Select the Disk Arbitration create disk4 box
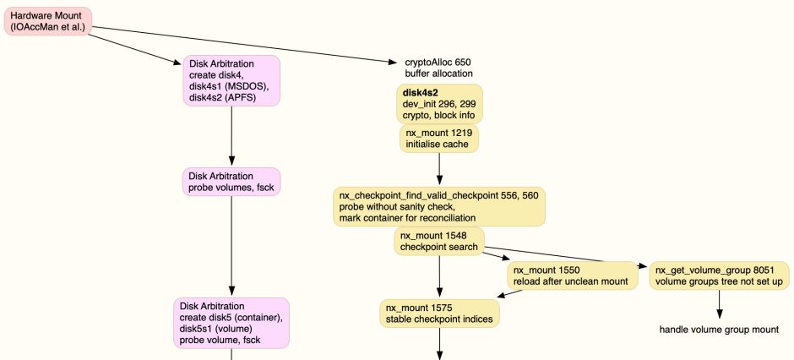click(231, 81)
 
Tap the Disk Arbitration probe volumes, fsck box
click(231, 181)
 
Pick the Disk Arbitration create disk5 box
click(231, 323)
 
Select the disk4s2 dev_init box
click(440, 104)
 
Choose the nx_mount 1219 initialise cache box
click(439, 139)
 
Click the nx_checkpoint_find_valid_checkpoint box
click(438, 206)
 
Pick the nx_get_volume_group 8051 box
click(719, 275)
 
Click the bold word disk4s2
click(420, 92)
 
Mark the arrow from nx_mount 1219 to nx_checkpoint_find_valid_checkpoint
click(439, 169)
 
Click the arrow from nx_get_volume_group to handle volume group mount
click(719, 303)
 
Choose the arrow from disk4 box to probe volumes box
click(231, 135)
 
